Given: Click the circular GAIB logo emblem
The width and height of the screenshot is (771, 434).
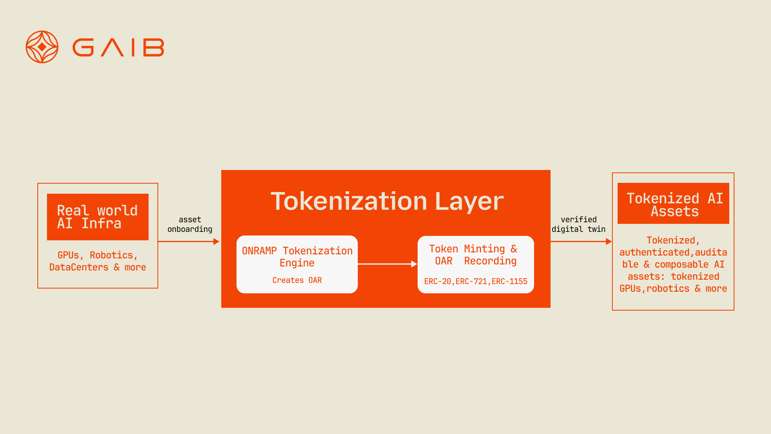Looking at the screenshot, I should (42, 47).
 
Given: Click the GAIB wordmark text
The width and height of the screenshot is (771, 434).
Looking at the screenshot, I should (118, 47).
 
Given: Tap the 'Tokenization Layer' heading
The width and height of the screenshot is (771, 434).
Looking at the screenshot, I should (387, 201).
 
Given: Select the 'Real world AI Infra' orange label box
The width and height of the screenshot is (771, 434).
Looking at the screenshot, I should (98, 217).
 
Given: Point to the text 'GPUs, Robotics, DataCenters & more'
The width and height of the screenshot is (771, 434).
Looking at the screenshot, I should (98, 261).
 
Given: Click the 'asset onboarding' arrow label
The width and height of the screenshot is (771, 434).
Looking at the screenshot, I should (190, 224).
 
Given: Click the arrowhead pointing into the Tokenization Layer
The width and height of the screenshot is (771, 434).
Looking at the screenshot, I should (216, 242).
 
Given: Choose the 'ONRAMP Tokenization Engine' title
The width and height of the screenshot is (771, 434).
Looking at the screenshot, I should (297, 256).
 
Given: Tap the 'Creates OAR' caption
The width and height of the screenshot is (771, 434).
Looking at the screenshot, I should (297, 280).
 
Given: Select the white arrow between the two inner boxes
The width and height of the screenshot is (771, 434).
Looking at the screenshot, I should (387, 264).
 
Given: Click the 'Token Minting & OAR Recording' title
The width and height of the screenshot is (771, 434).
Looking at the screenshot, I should (473, 255).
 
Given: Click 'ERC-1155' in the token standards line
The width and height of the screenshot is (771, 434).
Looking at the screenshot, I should (509, 281).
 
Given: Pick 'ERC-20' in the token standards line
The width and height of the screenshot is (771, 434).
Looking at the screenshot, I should (437, 281).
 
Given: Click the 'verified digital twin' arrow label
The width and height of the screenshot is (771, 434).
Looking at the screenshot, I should (579, 224).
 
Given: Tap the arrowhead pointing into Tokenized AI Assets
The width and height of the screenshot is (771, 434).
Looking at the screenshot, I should (609, 242).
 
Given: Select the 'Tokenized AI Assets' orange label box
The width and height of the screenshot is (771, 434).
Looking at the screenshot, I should (673, 203).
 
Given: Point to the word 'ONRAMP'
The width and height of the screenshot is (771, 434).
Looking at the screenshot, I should (259, 251).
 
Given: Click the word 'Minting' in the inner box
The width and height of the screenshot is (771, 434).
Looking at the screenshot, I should (484, 249).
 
